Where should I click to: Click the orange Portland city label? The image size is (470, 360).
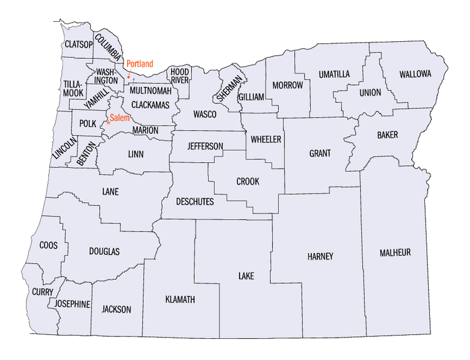click(x=140, y=64)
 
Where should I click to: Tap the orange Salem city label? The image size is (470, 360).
click(x=119, y=118)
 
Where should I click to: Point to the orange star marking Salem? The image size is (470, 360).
click(x=108, y=122)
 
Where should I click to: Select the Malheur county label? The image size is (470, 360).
click(x=395, y=252)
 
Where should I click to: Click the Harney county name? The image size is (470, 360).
click(x=320, y=257)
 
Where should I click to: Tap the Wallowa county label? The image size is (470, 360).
click(x=415, y=74)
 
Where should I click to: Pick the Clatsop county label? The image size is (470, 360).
click(x=78, y=45)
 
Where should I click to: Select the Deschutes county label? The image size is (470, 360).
click(x=195, y=202)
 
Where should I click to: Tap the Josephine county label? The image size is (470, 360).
click(x=72, y=304)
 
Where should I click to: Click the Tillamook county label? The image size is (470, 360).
click(x=73, y=88)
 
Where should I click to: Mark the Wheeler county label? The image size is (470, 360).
click(x=266, y=139)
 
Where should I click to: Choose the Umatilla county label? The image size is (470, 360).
click(x=334, y=74)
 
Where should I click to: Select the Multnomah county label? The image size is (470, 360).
click(x=151, y=91)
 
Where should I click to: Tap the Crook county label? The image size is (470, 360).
click(x=248, y=182)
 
